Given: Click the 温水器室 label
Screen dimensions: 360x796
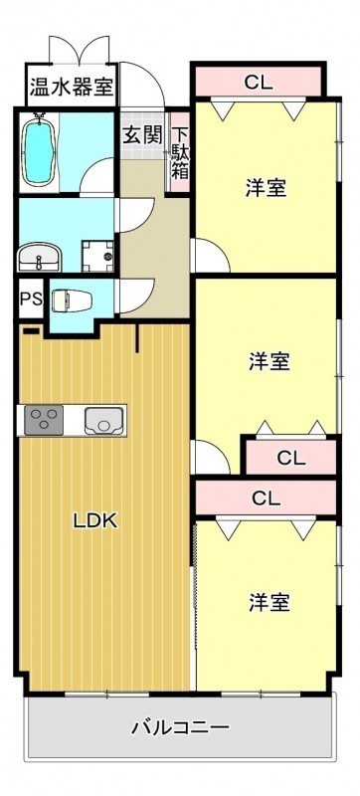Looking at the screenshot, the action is [x=71, y=87].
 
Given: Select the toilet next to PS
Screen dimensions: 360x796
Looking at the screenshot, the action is [x=72, y=300].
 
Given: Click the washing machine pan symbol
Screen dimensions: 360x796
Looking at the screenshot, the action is [x=98, y=257].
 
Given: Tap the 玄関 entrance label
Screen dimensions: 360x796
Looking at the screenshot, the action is [x=143, y=135].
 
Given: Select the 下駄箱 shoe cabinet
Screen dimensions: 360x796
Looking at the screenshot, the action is [x=179, y=153].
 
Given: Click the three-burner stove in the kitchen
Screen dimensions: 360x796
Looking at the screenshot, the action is [x=44, y=420].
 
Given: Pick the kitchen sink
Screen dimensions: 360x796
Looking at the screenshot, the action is [x=104, y=421].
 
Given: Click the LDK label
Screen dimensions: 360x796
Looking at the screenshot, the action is [x=95, y=520].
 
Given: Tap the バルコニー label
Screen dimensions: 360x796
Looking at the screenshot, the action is [x=181, y=728].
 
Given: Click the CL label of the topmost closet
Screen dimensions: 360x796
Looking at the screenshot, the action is [x=259, y=83].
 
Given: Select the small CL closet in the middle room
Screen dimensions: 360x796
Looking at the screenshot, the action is [x=290, y=458].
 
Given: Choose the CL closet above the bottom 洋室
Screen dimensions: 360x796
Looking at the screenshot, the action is [x=266, y=498].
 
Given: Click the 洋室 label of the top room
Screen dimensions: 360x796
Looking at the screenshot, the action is [x=267, y=188].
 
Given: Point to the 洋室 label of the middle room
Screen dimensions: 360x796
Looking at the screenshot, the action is [x=270, y=362].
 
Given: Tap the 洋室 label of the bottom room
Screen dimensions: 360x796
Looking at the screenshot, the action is [x=270, y=603].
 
